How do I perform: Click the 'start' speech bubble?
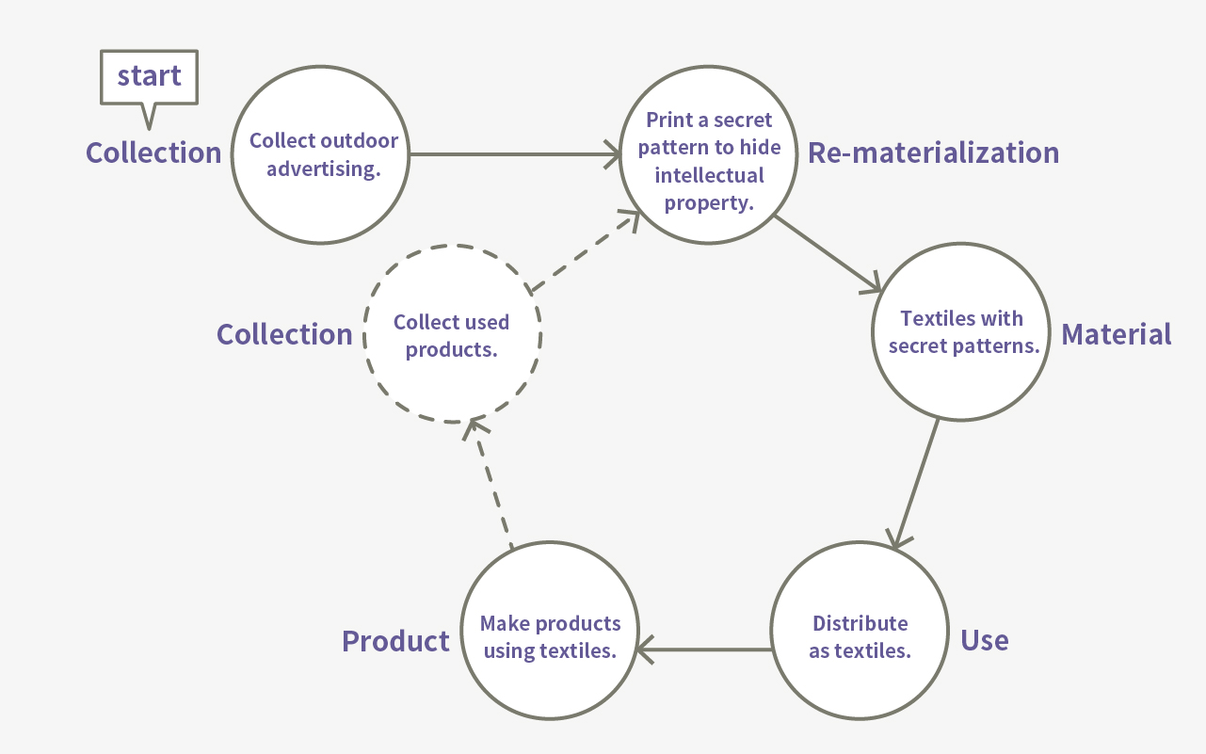(x=149, y=77)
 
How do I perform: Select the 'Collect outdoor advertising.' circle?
(x=322, y=155)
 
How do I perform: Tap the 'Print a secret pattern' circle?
(x=708, y=160)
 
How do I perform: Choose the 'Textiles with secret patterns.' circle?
(x=960, y=331)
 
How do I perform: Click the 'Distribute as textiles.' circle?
(x=859, y=637)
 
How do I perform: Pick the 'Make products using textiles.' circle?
(x=550, y=637)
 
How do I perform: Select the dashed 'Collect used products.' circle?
(x=452, y=334)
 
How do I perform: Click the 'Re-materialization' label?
(x=933, y=152)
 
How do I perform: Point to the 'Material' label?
(x=1116, y=334)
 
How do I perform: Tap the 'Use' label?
(x=984, y=640)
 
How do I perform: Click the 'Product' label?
(x=395, y=641)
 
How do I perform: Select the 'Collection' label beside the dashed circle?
(x=284, y=334)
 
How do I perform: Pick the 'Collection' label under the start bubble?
(x=153, y=152)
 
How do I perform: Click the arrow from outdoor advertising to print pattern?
(x=513, y=154)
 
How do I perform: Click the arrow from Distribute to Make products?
(x=704, y=649)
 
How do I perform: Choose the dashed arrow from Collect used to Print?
(x=584, y=251)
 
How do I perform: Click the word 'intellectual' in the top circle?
(x=708, y=174)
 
